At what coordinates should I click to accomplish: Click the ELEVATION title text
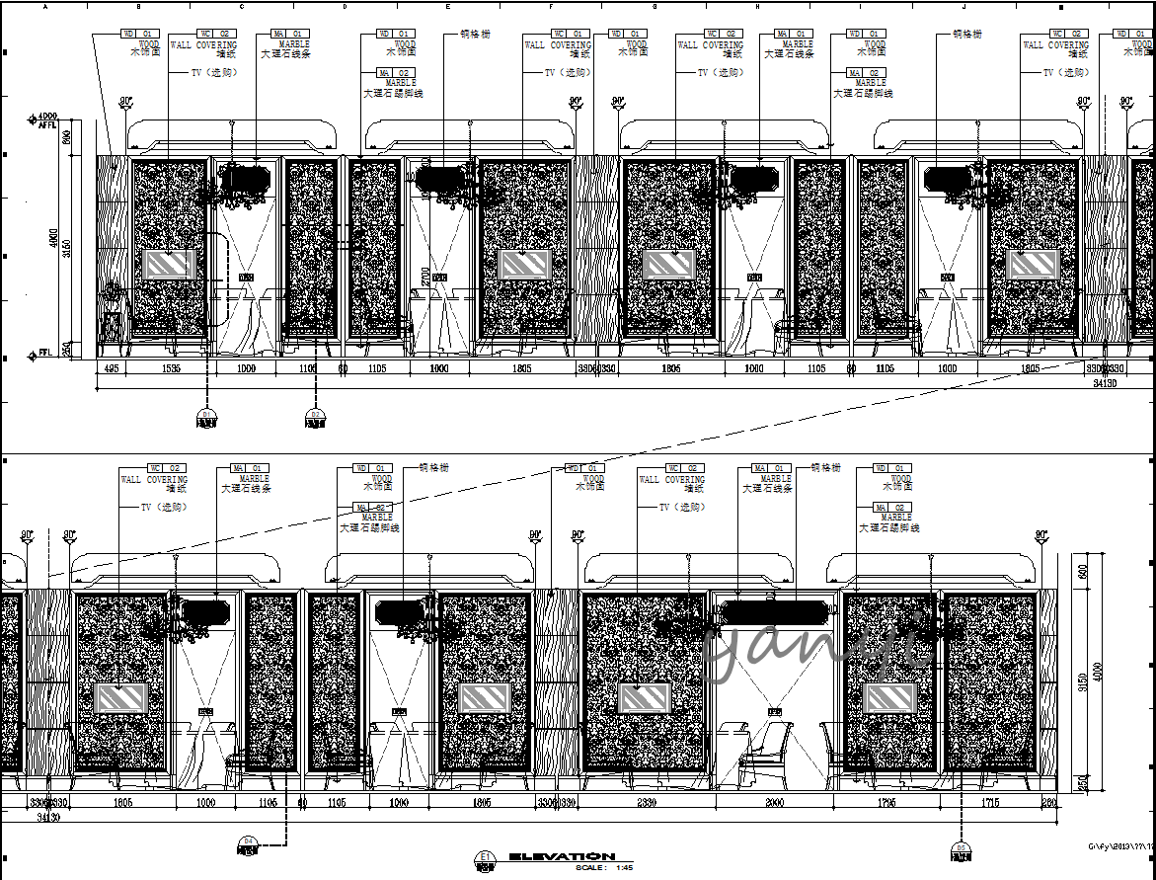point(562,856)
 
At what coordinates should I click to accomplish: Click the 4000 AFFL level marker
point(45,120)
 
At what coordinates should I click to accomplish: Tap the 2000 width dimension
point(776,804)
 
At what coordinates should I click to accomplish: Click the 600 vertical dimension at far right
point(1082,572)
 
